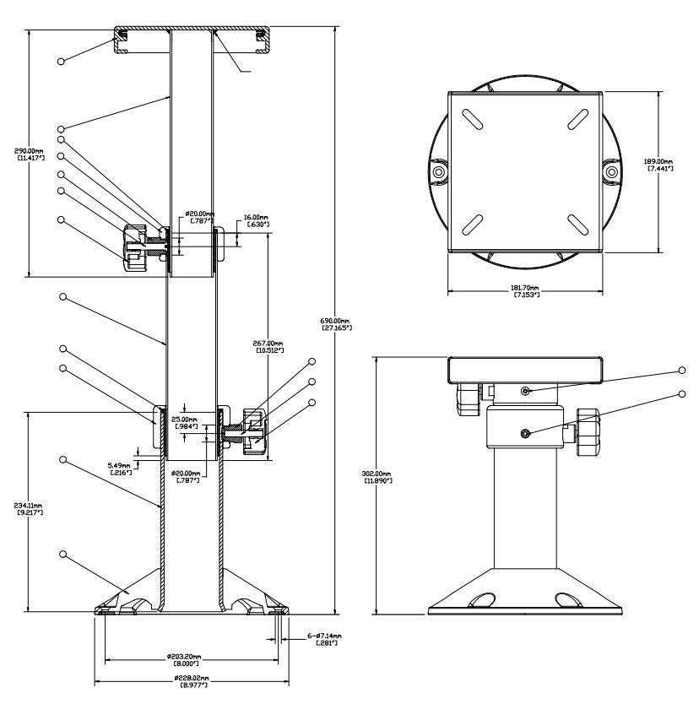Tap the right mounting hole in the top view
coord(610,171)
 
